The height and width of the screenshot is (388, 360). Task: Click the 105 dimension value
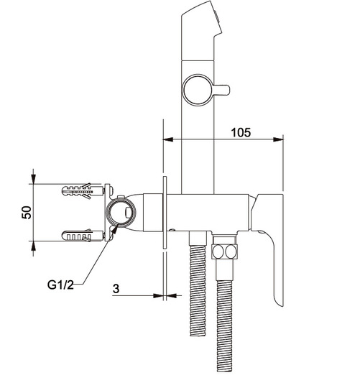coord(241,132)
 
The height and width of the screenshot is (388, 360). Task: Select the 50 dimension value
coord(27,212)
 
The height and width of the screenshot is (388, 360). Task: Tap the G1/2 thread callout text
coord(60,285)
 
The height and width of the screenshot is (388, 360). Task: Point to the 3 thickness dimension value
coord(116,289)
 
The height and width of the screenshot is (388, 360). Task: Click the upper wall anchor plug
coord(82,191)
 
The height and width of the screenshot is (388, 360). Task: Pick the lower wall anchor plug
coord(82,236)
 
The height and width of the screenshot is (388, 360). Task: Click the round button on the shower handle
coord(197,90)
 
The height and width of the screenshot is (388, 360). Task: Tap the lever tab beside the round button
coord(221,90)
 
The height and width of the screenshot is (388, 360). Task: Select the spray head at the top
coord(202,31)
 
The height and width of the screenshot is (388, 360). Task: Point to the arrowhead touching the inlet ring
coord(115,229)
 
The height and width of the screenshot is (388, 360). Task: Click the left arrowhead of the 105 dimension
coord(167,139)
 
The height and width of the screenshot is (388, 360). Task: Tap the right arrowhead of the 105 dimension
coord(278,139)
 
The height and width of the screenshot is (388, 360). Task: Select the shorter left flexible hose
coord(198,290)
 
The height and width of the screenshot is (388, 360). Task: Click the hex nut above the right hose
coord(225,251)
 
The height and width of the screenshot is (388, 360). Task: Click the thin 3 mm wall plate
coord(165,212)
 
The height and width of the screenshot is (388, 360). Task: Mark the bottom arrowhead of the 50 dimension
coord(33,246)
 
